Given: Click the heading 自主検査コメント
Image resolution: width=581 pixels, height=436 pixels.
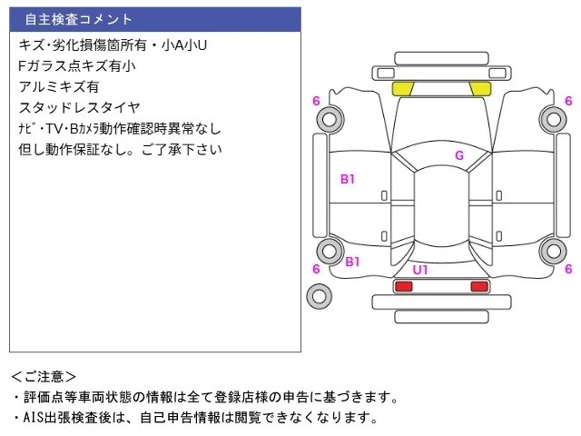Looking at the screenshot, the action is click(x=78, y=19).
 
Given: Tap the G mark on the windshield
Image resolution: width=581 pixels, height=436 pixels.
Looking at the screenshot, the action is click(x=459, y=155).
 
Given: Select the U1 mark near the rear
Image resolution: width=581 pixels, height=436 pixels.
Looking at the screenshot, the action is click(x=420, y=270).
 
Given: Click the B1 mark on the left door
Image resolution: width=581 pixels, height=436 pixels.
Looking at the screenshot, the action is click(x=348, y=180).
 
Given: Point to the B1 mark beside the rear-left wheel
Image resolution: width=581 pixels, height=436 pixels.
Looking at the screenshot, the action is click(x=352, y=262).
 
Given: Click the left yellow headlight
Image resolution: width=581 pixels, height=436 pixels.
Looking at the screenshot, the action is click(x=402, y=89).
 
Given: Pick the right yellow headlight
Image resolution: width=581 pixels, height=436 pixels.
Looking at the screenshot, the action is click(x=480, y=89).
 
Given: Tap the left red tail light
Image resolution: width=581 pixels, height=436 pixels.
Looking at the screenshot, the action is click(x=404, y=286).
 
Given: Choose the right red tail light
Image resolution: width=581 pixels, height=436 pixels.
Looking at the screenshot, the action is click(x=479, y=286).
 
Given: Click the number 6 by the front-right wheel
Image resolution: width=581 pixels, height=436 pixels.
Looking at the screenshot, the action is click(x=568, y=101).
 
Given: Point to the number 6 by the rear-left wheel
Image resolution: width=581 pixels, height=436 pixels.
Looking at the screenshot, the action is click(x=316, y=269).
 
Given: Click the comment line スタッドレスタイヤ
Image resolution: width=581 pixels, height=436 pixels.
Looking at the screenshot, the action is click(x=79, y=108).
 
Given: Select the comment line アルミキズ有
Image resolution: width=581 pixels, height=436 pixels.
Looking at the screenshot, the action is click(x=59, y=87).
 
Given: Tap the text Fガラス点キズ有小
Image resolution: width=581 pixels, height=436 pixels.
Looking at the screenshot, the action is click(x=77, y=66).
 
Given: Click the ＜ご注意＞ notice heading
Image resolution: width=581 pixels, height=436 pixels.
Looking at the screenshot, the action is click(x=44, y=377).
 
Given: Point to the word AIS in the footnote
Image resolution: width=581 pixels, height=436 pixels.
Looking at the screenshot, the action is click(x=34, y=418).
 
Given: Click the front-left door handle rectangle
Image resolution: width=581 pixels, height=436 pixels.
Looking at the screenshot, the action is click(x=384, y=195).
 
